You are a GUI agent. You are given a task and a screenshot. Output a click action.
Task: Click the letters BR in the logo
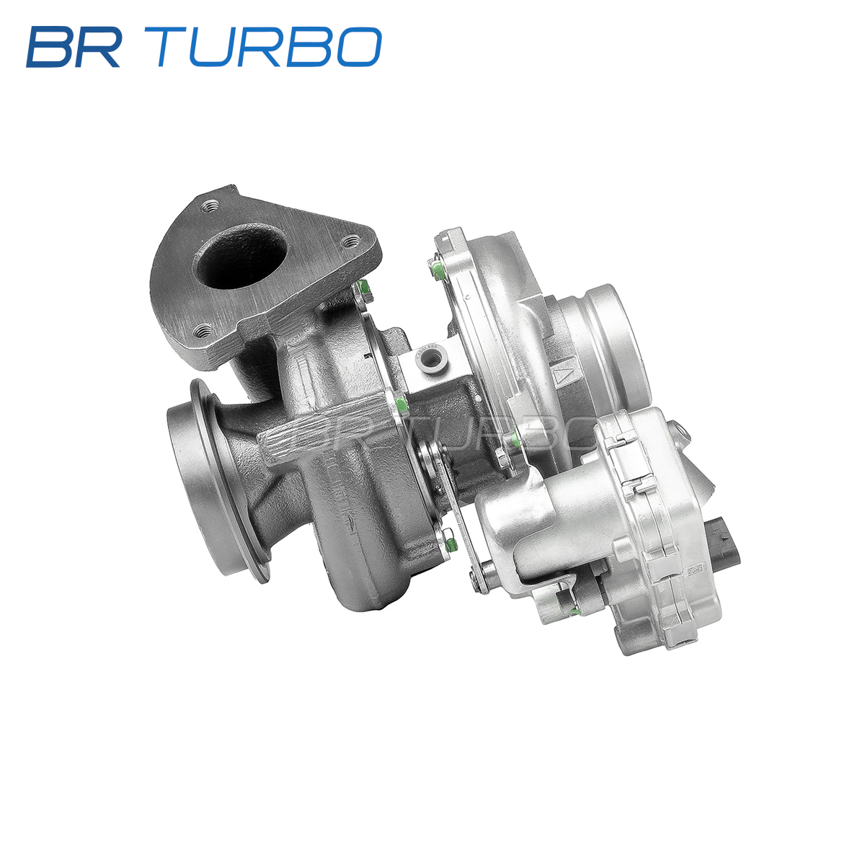[x=74, y=47]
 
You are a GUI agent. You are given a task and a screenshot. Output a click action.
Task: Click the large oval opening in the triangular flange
[x=241, y=257]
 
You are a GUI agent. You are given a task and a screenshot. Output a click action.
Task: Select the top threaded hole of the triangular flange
[x=210, y=206]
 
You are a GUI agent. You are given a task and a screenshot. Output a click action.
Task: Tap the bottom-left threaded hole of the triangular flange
[x=203, y=332]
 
